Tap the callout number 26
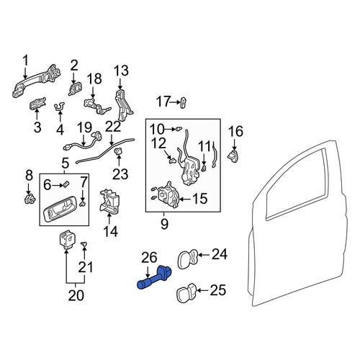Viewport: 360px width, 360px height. point(149,258)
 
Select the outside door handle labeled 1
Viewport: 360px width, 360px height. point(36,81)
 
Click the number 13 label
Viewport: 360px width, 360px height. point(121,71)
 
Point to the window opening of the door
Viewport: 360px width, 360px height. point(297,185)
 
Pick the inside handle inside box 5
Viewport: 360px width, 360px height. point(60,208)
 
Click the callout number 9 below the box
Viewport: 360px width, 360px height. point(164,225)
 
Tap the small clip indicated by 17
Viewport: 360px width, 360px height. point(183,102)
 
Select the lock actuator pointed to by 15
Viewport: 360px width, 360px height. point(168,194)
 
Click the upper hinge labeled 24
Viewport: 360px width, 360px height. point(188,258)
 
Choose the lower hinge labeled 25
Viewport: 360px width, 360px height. point(186,292)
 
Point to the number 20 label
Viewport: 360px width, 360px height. point(76,295)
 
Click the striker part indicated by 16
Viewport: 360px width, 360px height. point(233,156)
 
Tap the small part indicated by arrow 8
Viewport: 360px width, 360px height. point(30,199)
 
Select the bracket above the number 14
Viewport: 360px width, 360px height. point(109,201)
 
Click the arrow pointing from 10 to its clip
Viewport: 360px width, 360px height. point(170,129)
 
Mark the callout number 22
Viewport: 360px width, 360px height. point(113,127)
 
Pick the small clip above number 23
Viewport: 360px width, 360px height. point(119,151)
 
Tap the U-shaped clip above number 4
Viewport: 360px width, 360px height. point(59,107)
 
